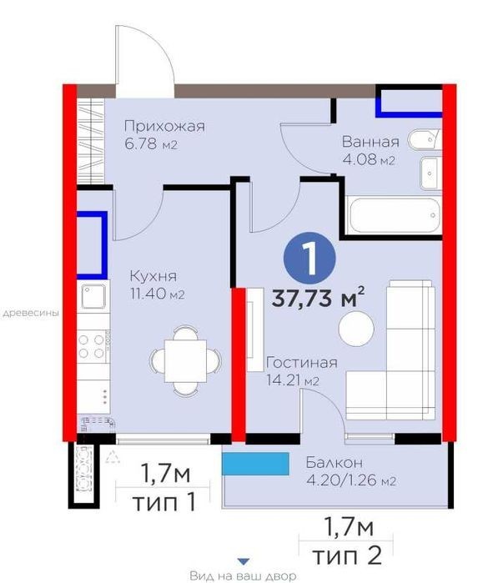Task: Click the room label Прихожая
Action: tap(164, 127)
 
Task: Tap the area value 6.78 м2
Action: tap(150, 144)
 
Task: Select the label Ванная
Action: tap(370, 142)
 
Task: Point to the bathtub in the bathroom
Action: tap(394, 215)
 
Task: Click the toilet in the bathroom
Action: tap(425, 140)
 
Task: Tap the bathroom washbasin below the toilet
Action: tap(431, 173)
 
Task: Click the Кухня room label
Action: tap(153, 276)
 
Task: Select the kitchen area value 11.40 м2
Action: tap(157, 294)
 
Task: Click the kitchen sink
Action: tap(93, 296)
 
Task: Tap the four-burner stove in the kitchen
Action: tap(93, 346)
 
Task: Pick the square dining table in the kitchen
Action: tap(185, 361)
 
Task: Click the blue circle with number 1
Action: tap(309, 259)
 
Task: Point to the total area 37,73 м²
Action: tap(318, 297)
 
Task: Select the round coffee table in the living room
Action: tap(356, 329)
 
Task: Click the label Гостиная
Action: tap(302, 363)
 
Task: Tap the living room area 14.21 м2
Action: tap(293, 380)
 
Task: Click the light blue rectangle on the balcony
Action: tap(255, 464)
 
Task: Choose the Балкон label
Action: tap(334, 463)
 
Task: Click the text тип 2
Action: tap(346, 555)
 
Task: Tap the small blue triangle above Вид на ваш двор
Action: tap(243, 561)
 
